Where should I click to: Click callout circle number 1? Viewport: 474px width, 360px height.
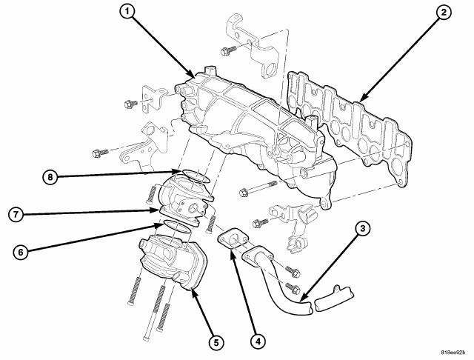[127, 12]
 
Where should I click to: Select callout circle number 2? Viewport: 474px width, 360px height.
[443, 13]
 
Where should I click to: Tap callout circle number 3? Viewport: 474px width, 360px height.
[362, 229]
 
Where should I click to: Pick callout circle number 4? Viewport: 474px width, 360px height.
[258, 341]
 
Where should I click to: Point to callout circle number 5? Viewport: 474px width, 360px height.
[216, 342]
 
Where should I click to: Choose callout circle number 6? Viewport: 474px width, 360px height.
[21, 252]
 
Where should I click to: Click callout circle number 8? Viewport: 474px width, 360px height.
[50, 176]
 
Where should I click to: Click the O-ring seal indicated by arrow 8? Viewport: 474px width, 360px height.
[196, 176]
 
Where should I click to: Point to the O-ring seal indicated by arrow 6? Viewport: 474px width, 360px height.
[177, 227]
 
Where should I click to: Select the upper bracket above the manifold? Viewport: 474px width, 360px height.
[253, 45]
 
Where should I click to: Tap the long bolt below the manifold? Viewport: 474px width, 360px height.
[258, 187]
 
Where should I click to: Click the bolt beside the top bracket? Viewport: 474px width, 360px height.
[229, 50]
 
